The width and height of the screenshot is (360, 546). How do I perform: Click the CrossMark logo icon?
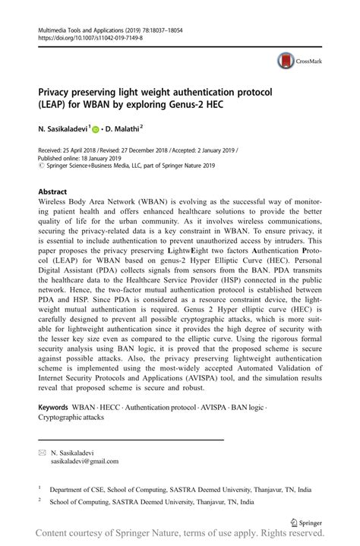click(286, 62)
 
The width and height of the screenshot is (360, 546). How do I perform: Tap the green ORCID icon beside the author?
click(96, 130)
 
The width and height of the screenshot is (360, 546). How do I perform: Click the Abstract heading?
click(52, 192)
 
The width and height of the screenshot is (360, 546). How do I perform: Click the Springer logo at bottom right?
click(306, 522)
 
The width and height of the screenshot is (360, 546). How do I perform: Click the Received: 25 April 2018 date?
click(72, 150)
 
